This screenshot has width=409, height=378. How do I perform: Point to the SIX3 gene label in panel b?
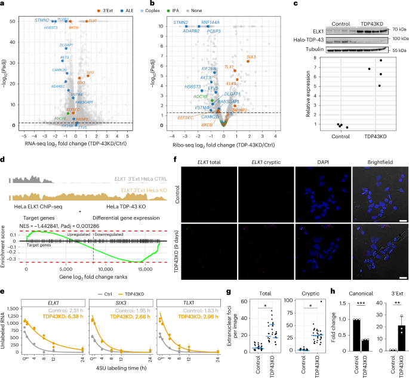tap(252, 57)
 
